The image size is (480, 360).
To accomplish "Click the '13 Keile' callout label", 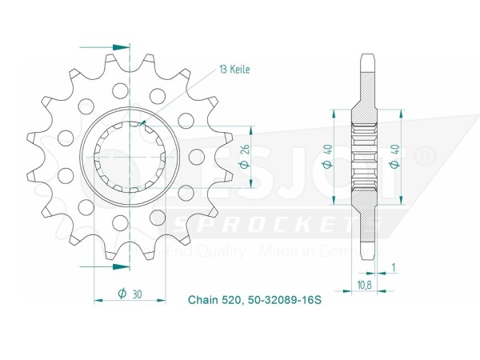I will (x=234, y=70).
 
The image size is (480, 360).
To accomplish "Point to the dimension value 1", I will (x=392, y=266).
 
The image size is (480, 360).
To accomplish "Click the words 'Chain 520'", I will (x=209, y=301).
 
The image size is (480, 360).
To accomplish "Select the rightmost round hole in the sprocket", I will (x=187, y=120).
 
